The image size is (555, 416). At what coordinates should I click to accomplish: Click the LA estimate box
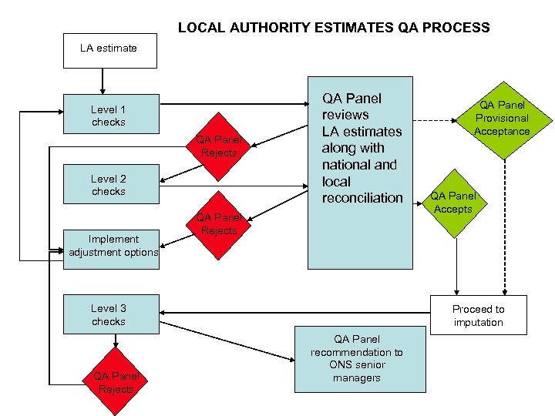point(109,49)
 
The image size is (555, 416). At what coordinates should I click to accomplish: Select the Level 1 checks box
point(109,116)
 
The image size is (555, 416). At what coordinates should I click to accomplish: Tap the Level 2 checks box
point(109,185)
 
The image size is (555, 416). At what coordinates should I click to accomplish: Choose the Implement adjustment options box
point(113,246)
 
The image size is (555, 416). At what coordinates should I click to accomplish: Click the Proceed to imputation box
point(478,315)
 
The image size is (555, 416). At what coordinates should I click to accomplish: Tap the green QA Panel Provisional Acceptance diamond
point(502,118)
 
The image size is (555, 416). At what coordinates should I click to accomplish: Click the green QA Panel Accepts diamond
point(453,203)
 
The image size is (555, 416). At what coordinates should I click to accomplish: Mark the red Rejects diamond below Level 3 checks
point(116,383)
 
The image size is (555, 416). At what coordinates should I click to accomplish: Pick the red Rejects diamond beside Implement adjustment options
point(219,224)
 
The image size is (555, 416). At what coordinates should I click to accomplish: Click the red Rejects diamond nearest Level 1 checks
point(219,146)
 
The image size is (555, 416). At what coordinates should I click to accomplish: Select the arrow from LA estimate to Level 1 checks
point(102,80)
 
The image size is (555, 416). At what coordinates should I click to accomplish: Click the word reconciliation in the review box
point(362,198)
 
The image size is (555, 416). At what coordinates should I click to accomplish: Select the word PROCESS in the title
point(455,28)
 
